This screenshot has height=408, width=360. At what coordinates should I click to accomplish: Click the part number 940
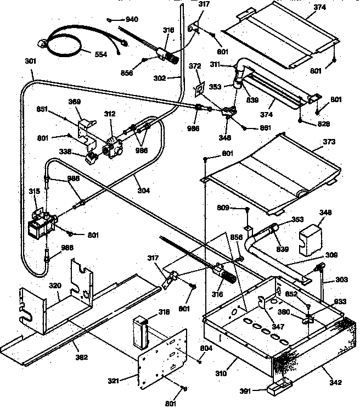pyautogui.click(x=132, y=19)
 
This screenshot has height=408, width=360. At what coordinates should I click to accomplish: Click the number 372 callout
pyautogui.click(x=195, y=66)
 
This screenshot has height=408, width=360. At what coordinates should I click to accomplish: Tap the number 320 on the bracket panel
pyautogui.click(x=54, y=286)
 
